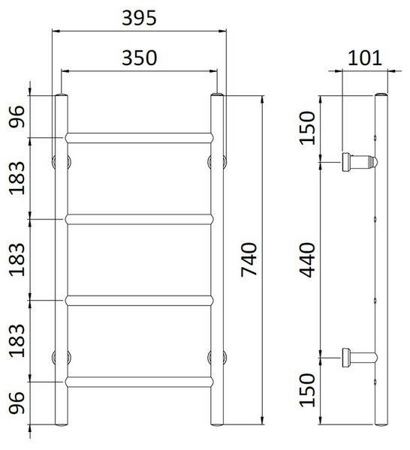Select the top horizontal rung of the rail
(x=139, y=137)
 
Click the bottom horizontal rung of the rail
(x=139, y=382)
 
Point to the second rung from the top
(x=139, y=219)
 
